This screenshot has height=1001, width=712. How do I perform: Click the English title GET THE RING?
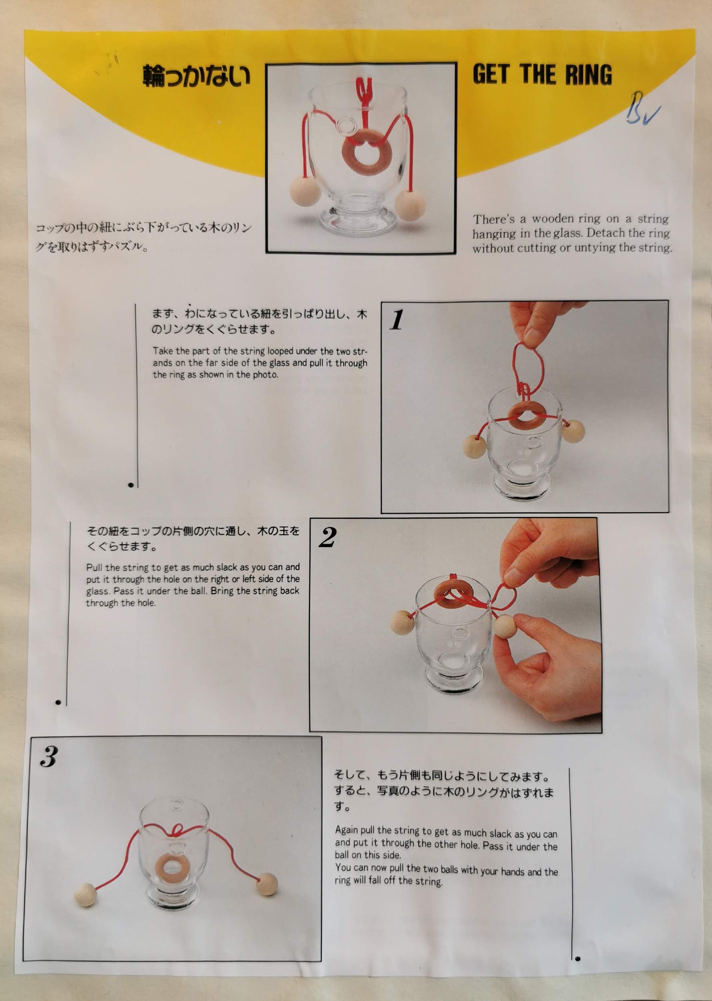542,74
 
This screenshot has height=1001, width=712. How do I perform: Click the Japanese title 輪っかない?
196,76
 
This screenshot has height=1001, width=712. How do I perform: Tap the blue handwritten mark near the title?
642,109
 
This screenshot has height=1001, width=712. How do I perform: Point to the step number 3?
49,756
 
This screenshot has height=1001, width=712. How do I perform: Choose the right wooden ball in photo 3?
267,884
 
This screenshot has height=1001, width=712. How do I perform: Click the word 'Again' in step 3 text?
347,830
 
